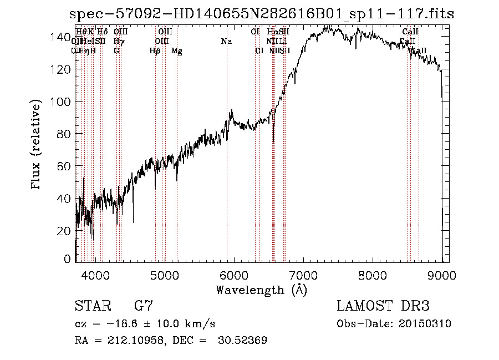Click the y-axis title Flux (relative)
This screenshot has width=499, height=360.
[x=37, y=145]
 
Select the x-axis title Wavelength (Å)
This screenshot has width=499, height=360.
[x=261, y=290]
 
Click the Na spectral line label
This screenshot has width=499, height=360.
[x=226, y=42]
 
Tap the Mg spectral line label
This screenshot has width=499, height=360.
[x=176, y=51]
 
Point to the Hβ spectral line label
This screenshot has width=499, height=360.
[x=155, y=51]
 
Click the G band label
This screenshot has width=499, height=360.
[x=116, y=51]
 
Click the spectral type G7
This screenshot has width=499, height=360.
[x=143, y=306]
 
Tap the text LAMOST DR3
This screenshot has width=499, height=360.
[x=383, y=306]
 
